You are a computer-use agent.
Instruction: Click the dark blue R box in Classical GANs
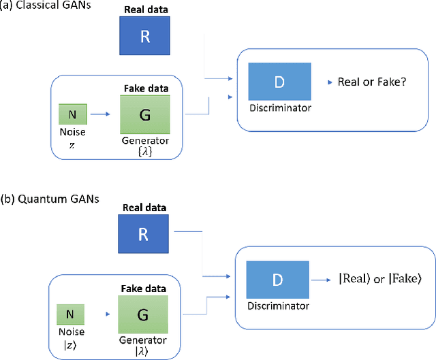point(144,36)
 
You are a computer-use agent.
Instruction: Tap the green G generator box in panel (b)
point(142,314)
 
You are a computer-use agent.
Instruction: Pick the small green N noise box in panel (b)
point(71,314)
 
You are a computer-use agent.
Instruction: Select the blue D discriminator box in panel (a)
point(279,82)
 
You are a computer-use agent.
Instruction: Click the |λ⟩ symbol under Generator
point(142,350)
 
